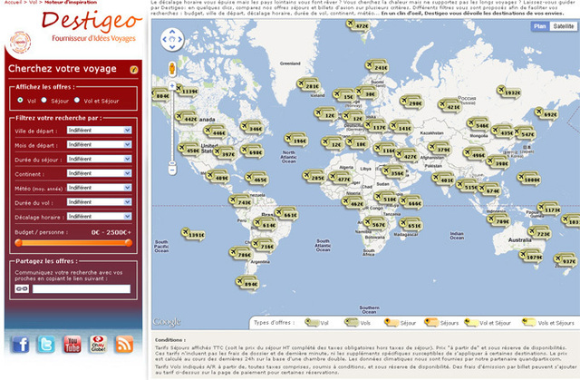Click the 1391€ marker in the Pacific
(x=192, y=236)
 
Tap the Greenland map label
(x=290, y=63)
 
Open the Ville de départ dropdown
(x=99, y=131)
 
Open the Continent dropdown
(x=99, y=173)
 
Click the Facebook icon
(x=20, y=344)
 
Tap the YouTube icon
(x=72, y=344)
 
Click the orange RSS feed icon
(x=124, y=344)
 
